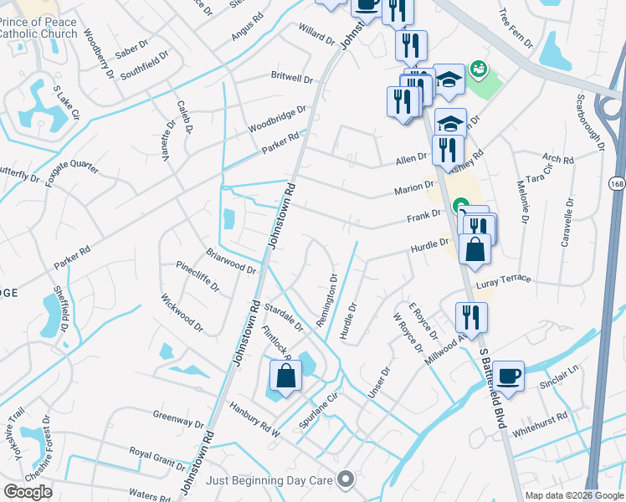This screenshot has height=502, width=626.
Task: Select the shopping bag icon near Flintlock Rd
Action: point(285,376)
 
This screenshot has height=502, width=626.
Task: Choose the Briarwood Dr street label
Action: point(230,260)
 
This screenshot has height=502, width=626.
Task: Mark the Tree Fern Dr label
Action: point(514,30)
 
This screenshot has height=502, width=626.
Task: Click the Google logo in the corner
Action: point(28,492)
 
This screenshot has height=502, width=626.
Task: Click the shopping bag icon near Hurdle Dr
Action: point(475,250)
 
